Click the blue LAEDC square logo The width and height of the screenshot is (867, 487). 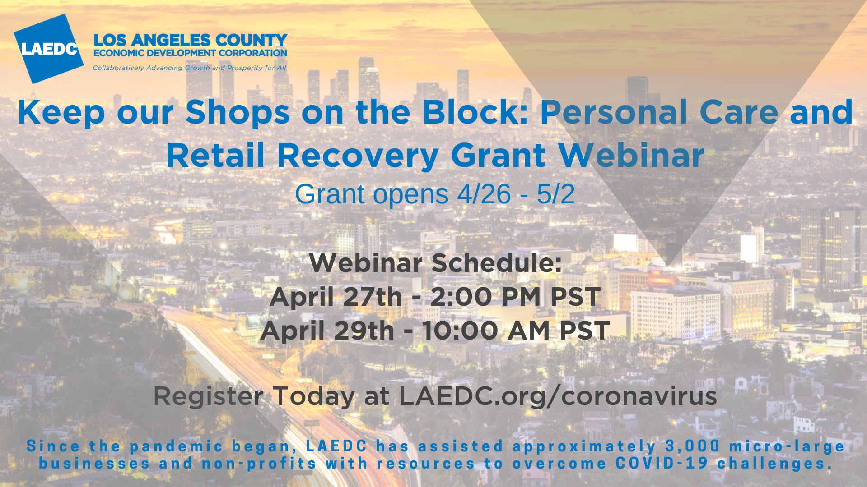[x=49, y=49]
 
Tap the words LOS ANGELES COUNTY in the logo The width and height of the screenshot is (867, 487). [x=190, y=40]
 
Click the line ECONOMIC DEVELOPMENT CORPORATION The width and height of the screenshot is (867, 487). [x=190, y=53]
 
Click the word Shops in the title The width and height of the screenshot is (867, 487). [x=238, y=113]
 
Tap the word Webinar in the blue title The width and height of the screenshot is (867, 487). [x=631, y=155]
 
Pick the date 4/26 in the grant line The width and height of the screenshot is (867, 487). [x=484, y=194]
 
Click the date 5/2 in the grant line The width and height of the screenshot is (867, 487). [x=556, y=194]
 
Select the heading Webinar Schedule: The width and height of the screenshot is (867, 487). [x=435, y=263]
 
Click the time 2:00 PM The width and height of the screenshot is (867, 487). [x=485, y=297]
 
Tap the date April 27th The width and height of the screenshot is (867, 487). [x=336, y=297]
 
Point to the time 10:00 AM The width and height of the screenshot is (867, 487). [x=486, y=331]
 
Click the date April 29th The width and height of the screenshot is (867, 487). [x=327, y=331]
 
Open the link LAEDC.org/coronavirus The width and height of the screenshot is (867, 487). [x=558, y=396]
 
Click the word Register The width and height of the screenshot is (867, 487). [x=208, y=396]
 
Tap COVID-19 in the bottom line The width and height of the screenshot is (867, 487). [x=662, y=463]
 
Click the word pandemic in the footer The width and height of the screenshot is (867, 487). [x=177, y=446]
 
